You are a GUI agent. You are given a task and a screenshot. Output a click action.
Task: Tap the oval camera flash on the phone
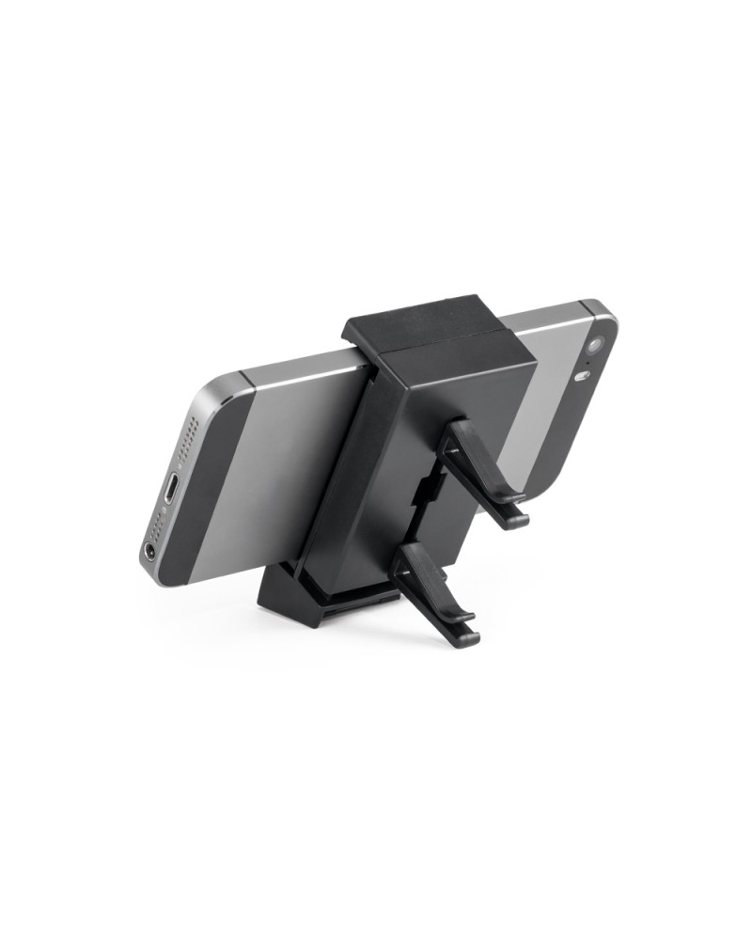[x=582, y=378]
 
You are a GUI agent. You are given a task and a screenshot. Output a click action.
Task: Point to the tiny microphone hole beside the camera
[x=589, y=362]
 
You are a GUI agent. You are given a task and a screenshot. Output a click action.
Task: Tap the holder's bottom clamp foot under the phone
[x=282, y=602]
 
